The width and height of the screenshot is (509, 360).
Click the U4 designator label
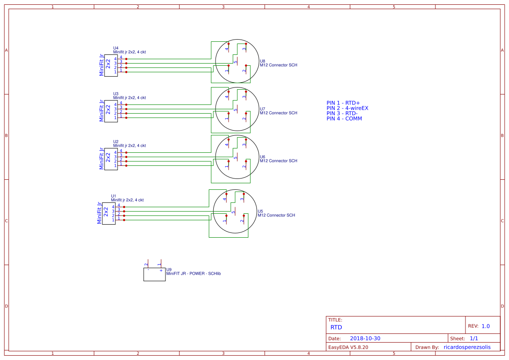tap(116, 48)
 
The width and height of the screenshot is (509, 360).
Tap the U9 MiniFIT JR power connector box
tap(154, 275)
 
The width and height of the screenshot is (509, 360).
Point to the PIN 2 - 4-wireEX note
tap(347, 108)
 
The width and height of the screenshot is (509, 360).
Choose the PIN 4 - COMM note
tap(344, 119)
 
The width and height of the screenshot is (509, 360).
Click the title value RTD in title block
tap(336, 327)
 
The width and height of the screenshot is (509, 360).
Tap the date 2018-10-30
tap(365, 338)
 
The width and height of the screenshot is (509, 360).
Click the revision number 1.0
tap(485, 326)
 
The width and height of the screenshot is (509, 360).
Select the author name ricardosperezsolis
tap(467, 347)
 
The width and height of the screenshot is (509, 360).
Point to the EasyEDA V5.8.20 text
tap(348, 347)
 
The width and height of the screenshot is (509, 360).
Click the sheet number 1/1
tap(474, 338)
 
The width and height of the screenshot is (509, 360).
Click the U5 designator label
tap(260, 211)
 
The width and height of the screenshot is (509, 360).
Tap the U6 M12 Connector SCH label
tap(279, 161)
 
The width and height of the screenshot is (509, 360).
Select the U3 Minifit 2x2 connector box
tap(111, 111)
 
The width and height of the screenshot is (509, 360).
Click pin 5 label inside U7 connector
tap(236, 110)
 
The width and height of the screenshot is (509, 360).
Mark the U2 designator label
tap(116, 141)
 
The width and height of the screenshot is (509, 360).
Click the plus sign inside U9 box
tap(161, 271)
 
